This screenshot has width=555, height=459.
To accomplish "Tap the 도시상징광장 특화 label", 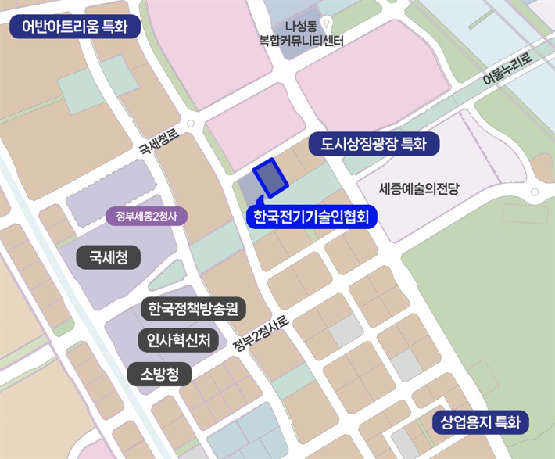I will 375,144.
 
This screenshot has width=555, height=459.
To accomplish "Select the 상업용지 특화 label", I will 480,424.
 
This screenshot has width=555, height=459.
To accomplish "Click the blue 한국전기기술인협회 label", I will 311,215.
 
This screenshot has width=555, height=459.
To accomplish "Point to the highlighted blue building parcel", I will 270,179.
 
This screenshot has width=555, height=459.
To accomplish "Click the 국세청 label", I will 109,256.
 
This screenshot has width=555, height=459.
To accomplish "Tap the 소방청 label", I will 160,375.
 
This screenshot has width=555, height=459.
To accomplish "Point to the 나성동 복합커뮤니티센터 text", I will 302,34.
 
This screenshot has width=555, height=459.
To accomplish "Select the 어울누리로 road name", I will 506,69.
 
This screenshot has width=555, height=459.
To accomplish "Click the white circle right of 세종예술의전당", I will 533,192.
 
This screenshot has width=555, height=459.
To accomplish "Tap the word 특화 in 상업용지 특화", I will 507,424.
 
